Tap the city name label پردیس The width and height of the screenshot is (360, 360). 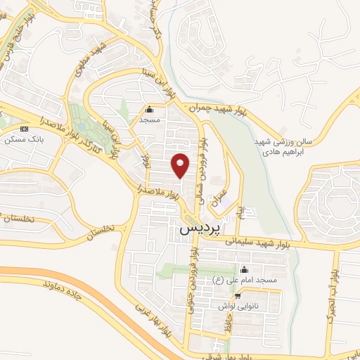coord(200,229)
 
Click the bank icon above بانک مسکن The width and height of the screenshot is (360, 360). coord(25,129)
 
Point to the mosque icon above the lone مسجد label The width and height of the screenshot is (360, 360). coord(148,110)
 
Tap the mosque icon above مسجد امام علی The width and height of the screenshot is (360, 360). coord(244,269)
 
